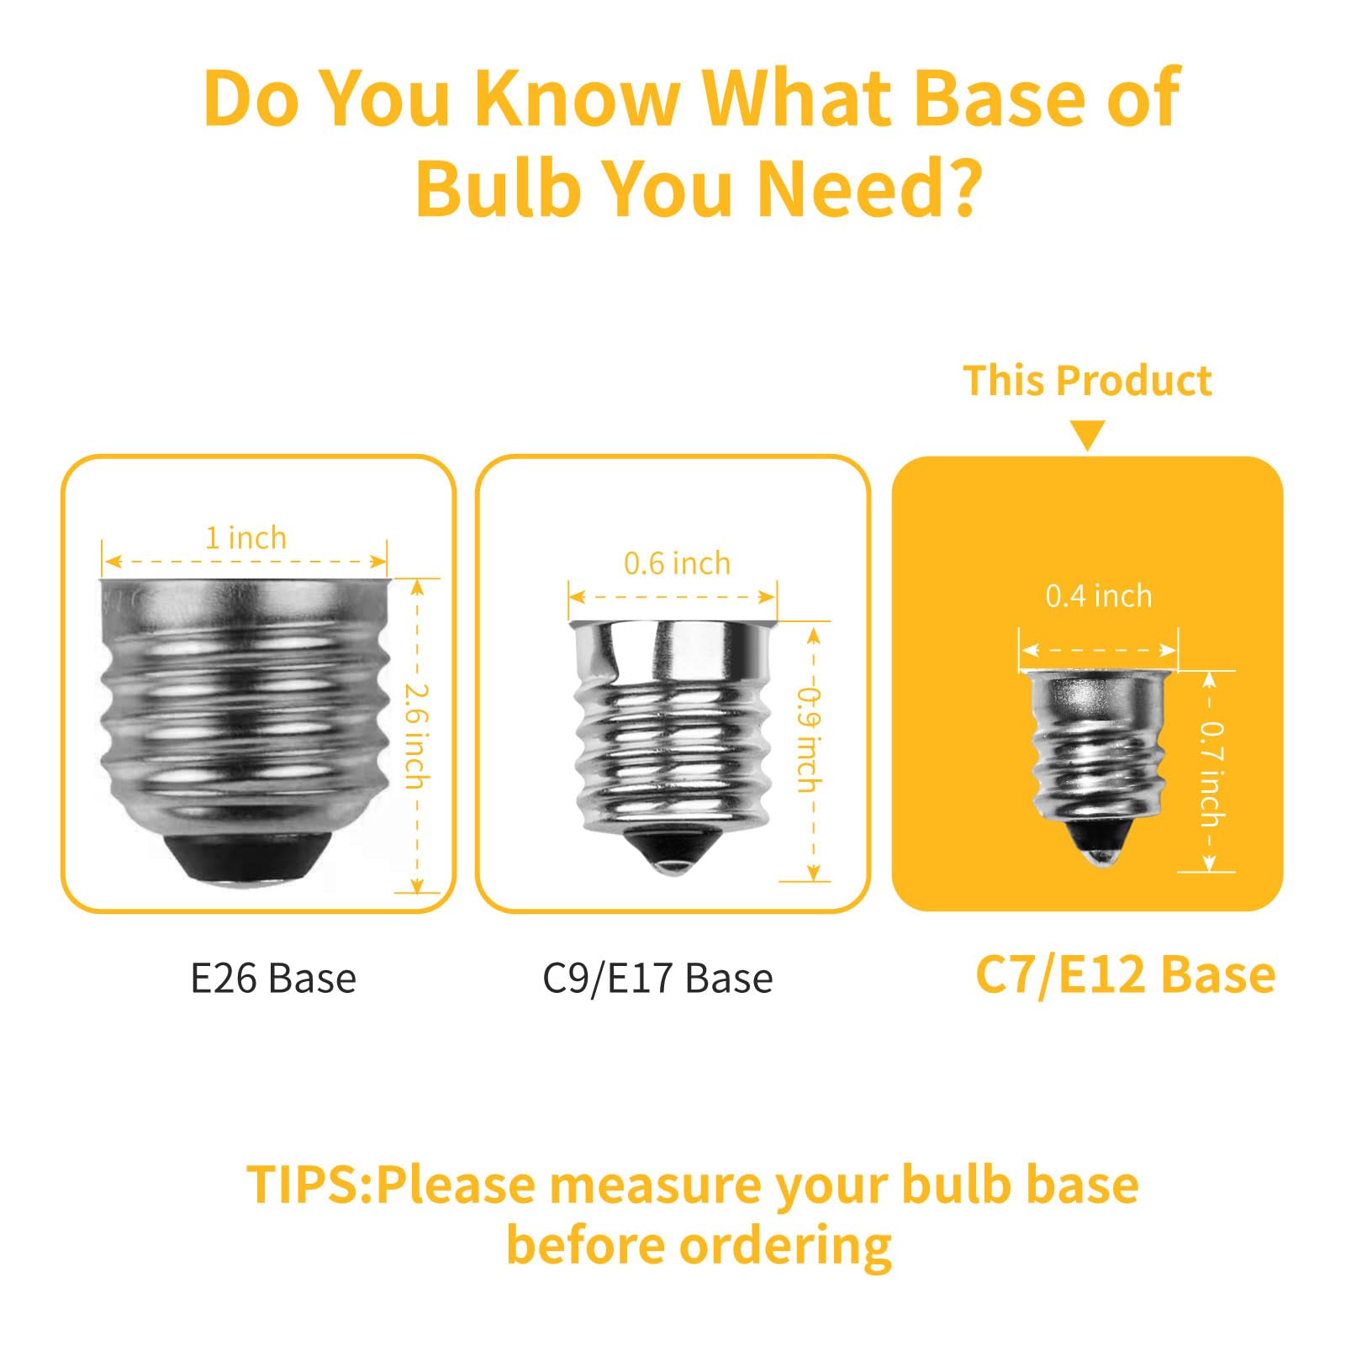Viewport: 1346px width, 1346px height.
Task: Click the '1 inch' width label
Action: coord(245,537)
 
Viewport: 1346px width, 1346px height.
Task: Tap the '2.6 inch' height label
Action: coord(417,736)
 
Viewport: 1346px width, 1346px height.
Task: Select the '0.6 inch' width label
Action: coord(677,563)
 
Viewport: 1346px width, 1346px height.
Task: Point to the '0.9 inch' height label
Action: coord(809,740)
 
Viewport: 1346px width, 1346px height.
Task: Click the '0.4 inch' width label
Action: coord(1098,596)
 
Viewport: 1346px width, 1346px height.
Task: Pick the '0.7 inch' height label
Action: coord(1211,774)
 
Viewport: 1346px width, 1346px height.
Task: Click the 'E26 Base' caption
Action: coord(273,979)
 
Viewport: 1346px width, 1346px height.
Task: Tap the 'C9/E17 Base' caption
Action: coord(657,979)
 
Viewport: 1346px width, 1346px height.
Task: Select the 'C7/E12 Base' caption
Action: coord(1125,975)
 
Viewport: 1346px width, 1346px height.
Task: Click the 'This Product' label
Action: coord(1087,381)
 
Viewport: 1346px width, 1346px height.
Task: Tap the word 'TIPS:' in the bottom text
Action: coord(309,1185)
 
